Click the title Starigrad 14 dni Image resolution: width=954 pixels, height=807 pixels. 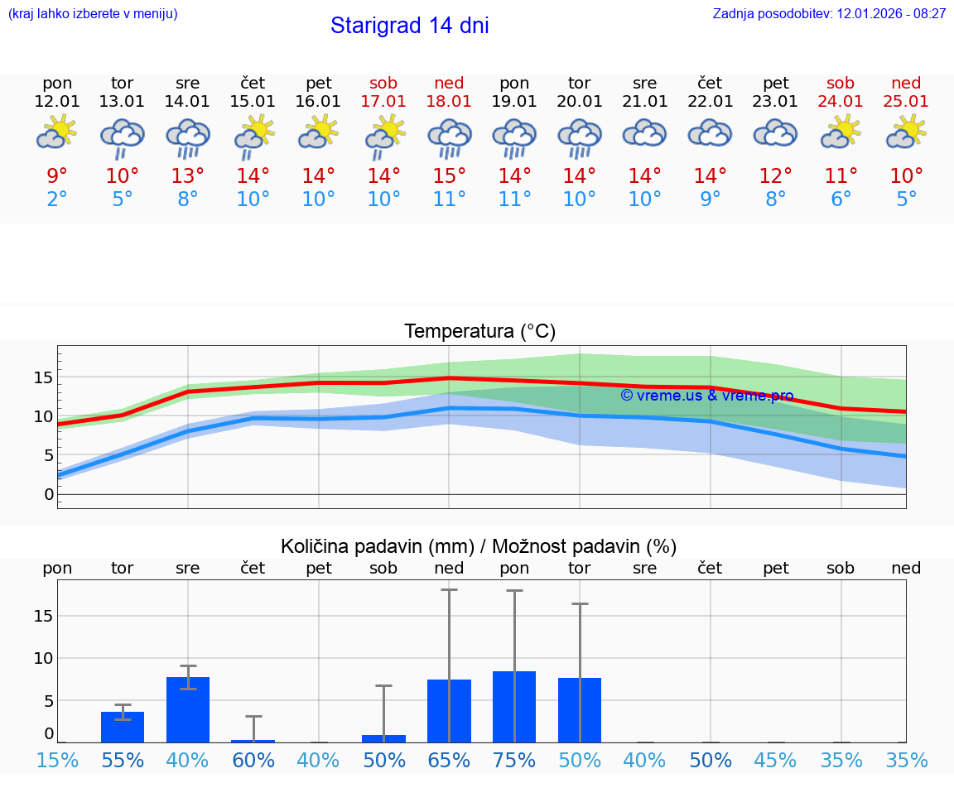(409, 26)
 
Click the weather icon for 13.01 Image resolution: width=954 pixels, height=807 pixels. (123, 137)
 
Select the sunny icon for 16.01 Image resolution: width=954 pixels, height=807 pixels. (319, 132)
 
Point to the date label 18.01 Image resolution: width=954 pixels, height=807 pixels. (449, 102)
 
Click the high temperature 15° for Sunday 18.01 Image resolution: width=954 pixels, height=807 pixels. (449, 175)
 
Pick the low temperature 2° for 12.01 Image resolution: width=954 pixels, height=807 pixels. (57, 199)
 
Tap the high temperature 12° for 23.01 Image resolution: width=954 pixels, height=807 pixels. (775, 175)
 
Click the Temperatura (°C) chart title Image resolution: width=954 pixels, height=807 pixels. (479, 332)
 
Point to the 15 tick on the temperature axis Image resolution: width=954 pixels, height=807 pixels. (43, 377)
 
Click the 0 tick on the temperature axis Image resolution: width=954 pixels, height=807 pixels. (49, 494)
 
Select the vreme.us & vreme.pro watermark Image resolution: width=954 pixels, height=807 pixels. (706, 396)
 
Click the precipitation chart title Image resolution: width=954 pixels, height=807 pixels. (479, 546)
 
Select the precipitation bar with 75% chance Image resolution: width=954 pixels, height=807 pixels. (514, 707)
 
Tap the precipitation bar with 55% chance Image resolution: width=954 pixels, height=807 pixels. (123, 727)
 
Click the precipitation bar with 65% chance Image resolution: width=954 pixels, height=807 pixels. (449, 711)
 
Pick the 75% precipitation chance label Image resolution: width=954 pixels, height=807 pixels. (514, 761)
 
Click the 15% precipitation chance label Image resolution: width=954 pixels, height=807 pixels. (57, 761)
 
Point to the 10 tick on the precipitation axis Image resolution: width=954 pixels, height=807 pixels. (43, 658)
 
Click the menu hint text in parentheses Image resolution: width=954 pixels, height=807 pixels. (93, 14)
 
